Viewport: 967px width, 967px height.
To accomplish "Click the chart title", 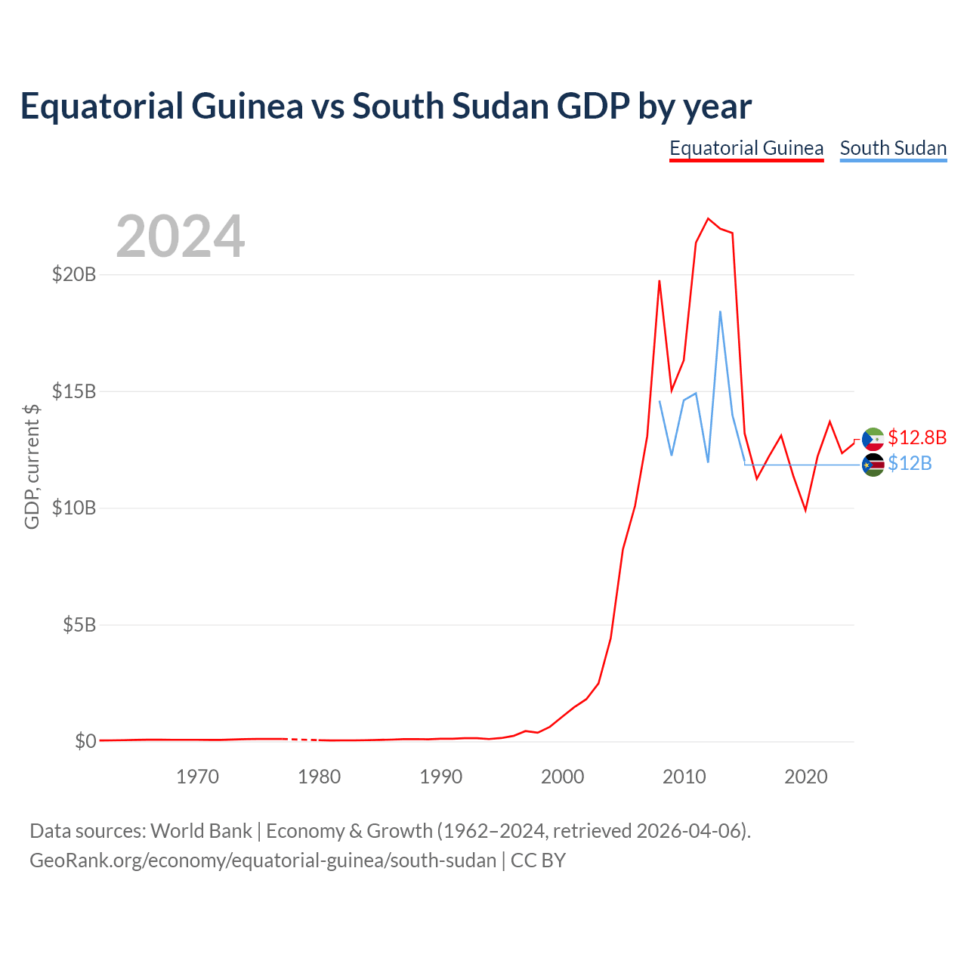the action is [x=385, y=107].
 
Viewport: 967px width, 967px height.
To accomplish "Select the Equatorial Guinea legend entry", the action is [x=746, y=149].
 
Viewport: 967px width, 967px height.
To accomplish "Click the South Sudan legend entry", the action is [x=893, y=149].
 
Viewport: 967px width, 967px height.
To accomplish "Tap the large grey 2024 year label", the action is [x=181, y=236].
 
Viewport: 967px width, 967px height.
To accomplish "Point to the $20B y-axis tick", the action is [x=74, y=274].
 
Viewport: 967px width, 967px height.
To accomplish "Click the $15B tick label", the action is [x=74, y=391].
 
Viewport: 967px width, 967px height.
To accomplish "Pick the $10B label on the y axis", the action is [x=74, y=508].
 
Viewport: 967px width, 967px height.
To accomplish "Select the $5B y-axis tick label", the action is [x=79, y=625].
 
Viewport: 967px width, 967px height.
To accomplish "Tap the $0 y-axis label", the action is [x=85, y=741].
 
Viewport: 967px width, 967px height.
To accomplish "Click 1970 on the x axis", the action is [x=198, y=777].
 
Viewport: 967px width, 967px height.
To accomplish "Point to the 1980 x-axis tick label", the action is [x=319, y=777].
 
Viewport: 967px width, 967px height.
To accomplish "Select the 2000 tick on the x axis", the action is [x=563, y=777].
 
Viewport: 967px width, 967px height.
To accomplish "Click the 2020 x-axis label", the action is [x=806, y=777].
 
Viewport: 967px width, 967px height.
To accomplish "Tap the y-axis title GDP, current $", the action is [x=32, y=467].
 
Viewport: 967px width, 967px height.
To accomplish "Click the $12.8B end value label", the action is [x=917, y=437].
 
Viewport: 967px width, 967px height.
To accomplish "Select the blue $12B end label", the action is [x=910, y=463].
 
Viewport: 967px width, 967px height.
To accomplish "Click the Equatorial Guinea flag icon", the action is [x=873, y=439].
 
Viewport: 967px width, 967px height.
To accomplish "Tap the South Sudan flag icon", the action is [x=873, y=465].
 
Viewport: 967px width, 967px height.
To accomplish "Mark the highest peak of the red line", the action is [x=708, y=219].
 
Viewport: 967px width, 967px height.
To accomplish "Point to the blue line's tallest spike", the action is [x=720, y=311].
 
